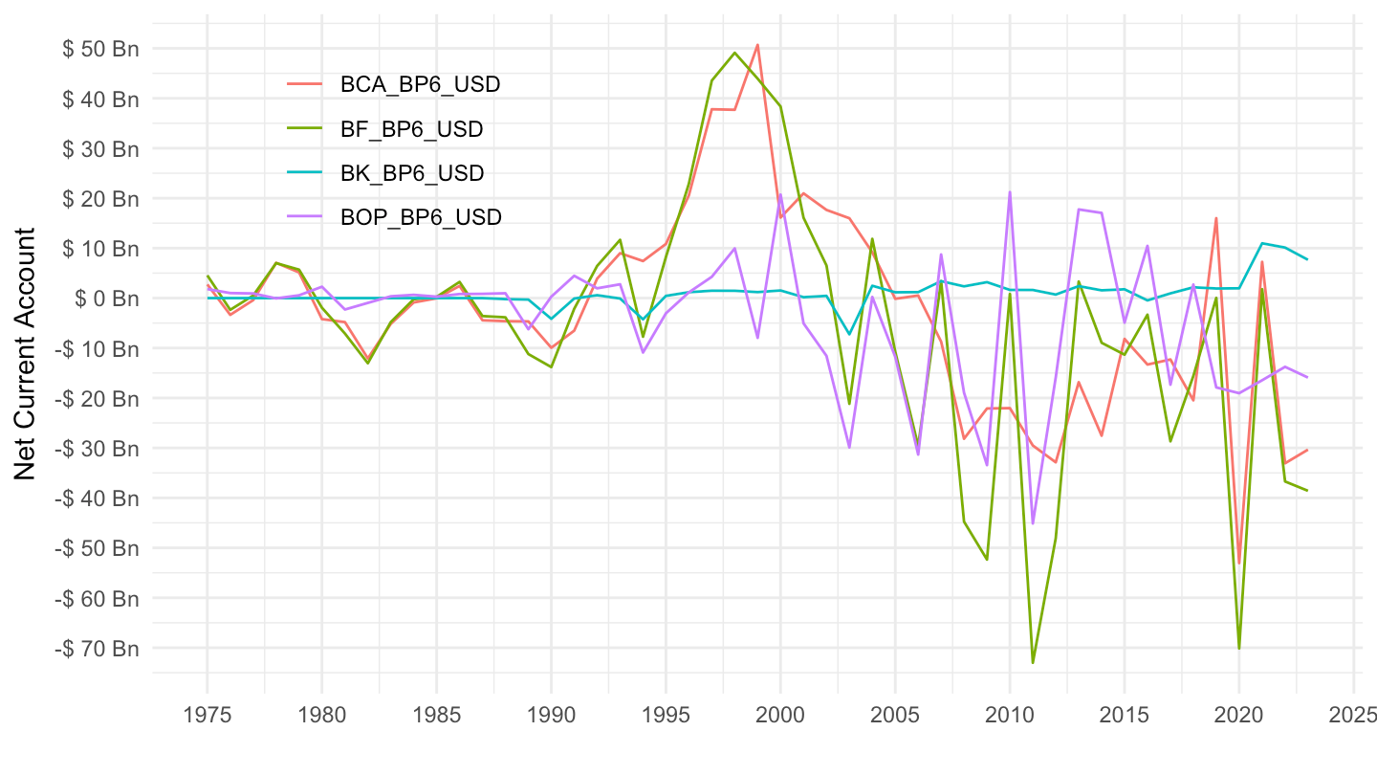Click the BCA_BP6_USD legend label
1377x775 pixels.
click(x=420, y=84)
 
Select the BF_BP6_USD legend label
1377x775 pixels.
click(x=411, y=128)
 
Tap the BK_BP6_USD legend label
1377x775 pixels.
click(x=412, y=173)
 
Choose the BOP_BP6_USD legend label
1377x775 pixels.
click(x=421, y=217)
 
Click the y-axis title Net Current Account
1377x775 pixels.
click(x=26, y=354)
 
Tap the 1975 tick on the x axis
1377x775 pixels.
click(x=207, y=714)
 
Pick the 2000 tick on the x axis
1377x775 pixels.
click(x=780, y=714)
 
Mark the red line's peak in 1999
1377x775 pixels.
click(x=757, y=44)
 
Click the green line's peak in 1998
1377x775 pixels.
click(x=734, y=53)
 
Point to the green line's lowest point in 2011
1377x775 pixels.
click(x=1033, y=662)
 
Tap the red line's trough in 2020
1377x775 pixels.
click(x=1239, y=563)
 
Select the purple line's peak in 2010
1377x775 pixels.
click(x=1010, y=192)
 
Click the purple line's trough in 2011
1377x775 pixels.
click(x=1033, y=523)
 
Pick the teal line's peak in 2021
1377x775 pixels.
click(x=1262, y=243)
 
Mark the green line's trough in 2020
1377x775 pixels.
click(x=1239, y=649)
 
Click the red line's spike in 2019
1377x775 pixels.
click(x=1216, y=218)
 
